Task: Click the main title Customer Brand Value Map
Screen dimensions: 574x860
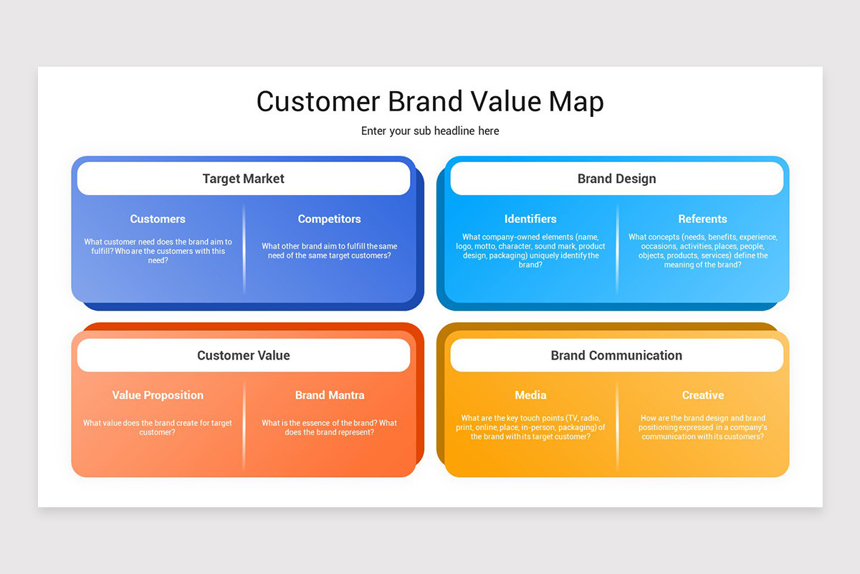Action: pyautogui.click(x=430, y=101)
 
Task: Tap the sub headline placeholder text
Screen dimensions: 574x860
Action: pyautogui.click(x=430, y=131)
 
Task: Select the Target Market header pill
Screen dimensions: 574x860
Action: pyautogui.click(x=244, y=179)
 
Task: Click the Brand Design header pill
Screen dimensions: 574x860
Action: pyautogui.click(x=616, y=179)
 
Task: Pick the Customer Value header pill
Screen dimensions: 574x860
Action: pyautogui.click(x=244, y=355)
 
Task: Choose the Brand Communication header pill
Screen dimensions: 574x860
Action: pyautogui.click(x=616, y=355)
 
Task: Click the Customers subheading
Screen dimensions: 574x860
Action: pyautogui.click(x=158, y=219)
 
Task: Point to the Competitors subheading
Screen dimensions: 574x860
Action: pyautogui.click(x=330, y=219)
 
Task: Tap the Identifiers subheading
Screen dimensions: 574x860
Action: pyautogui.click(x=530, y=219)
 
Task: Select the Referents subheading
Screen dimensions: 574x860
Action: pyautogui.click(x=702, y=219)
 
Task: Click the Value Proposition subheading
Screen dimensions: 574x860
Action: pyautogui.click(x=158, y=395)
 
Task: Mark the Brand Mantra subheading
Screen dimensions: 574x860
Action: pyautogui.click(x=330, y=395)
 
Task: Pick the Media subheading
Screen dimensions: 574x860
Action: pyautogui.click(x=530, y=395)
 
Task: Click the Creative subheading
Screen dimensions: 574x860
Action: pyautogui.click(x=702, y=395)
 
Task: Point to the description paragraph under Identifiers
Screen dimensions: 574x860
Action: pyautogui.click(x=530, y=250)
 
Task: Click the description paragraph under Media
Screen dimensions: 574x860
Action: pyautogui.click(x=530, y=427)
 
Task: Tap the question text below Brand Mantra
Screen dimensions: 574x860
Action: pyautogui.click(x=330, y=428)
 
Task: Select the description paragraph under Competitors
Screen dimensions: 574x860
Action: pyautogui.click(x=330, y=251)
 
